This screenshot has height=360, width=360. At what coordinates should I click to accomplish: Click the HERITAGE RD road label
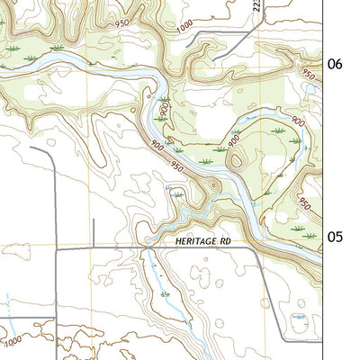click(199, 241)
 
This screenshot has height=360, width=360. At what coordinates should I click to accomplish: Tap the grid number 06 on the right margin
click(335, 64)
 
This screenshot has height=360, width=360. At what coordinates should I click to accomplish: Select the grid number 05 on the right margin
click(335, 237)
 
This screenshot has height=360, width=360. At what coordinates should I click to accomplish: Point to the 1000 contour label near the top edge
click(184, 28)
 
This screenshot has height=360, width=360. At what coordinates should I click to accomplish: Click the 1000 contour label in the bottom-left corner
click(12, 341)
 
